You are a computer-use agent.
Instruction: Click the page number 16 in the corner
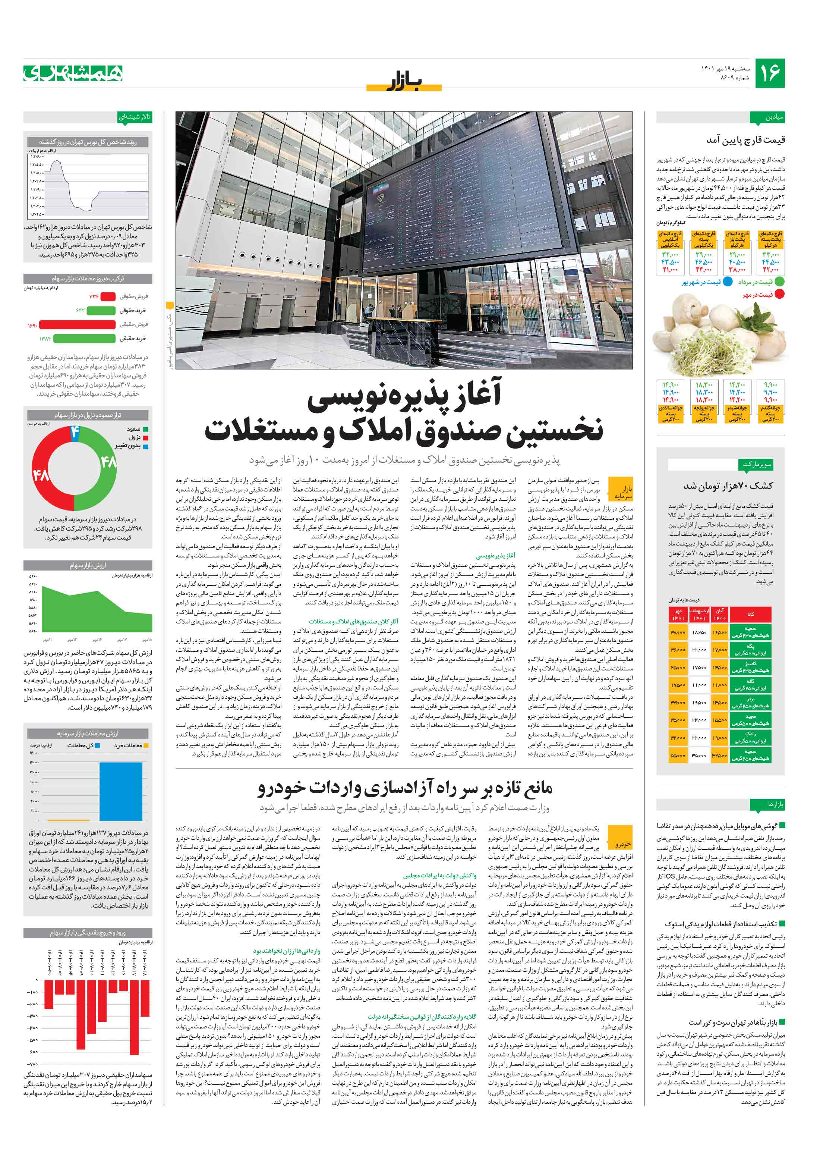[769, 73]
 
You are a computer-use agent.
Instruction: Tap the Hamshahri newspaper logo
[73, 73]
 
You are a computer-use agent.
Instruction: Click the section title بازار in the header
[404, 81]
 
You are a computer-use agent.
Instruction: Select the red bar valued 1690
[77, 324]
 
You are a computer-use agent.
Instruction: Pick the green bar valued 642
[101, 310]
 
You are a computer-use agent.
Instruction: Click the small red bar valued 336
[108, 296]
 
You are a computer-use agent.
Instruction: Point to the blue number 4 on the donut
[75, 432]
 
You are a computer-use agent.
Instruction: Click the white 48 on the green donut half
[108, 462]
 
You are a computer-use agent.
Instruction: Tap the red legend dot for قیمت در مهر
[779, 295]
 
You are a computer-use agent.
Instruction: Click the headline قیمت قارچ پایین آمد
[745, 140]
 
